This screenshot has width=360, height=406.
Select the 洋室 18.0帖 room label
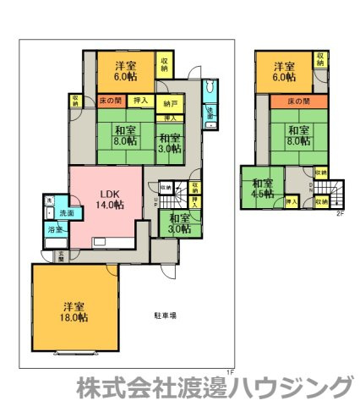pyautogui.click(x=74, y=311)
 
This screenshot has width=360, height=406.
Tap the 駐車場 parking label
pyautogui.click(x=165, y=315)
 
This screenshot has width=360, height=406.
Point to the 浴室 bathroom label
pyautogui.click(x=52, y=229)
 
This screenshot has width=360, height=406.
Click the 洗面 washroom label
pyautogui.click(x=66, y=214)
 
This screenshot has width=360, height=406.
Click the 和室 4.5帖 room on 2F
pyautogui.click(x=262, y=188)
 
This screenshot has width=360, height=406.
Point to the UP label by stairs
pyautogui.click(x=155, y=203)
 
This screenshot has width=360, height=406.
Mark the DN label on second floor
pyautogui.click(x=309, y=188)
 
